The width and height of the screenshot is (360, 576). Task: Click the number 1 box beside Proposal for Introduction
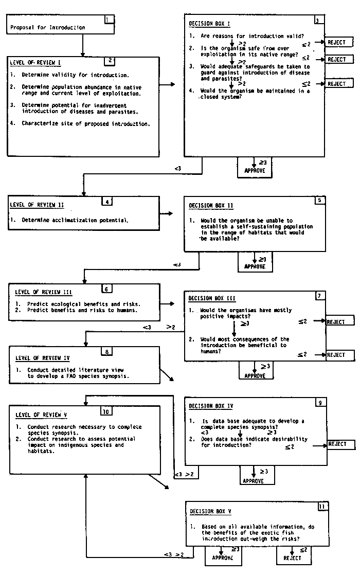click(108, 21)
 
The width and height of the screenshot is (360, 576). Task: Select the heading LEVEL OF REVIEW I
click(35, 63)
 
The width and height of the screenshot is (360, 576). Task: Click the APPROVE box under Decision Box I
click(255, 167)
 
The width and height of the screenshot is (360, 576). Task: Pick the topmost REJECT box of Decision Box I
click(337, 42)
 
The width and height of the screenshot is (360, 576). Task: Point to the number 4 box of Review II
click(107, 201)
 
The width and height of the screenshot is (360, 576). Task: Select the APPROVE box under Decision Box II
click(255, 263)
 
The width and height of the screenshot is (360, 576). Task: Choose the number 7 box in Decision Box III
click(320, 296)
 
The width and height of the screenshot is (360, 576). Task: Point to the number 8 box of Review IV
click(106, 352)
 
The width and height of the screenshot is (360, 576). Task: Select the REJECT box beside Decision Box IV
click(337, 444)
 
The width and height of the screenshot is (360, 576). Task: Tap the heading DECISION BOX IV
click(211, 406)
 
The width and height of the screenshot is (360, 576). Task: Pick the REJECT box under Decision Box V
click(293, 554)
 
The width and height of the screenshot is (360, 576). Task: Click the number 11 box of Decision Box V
click(322, 507)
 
